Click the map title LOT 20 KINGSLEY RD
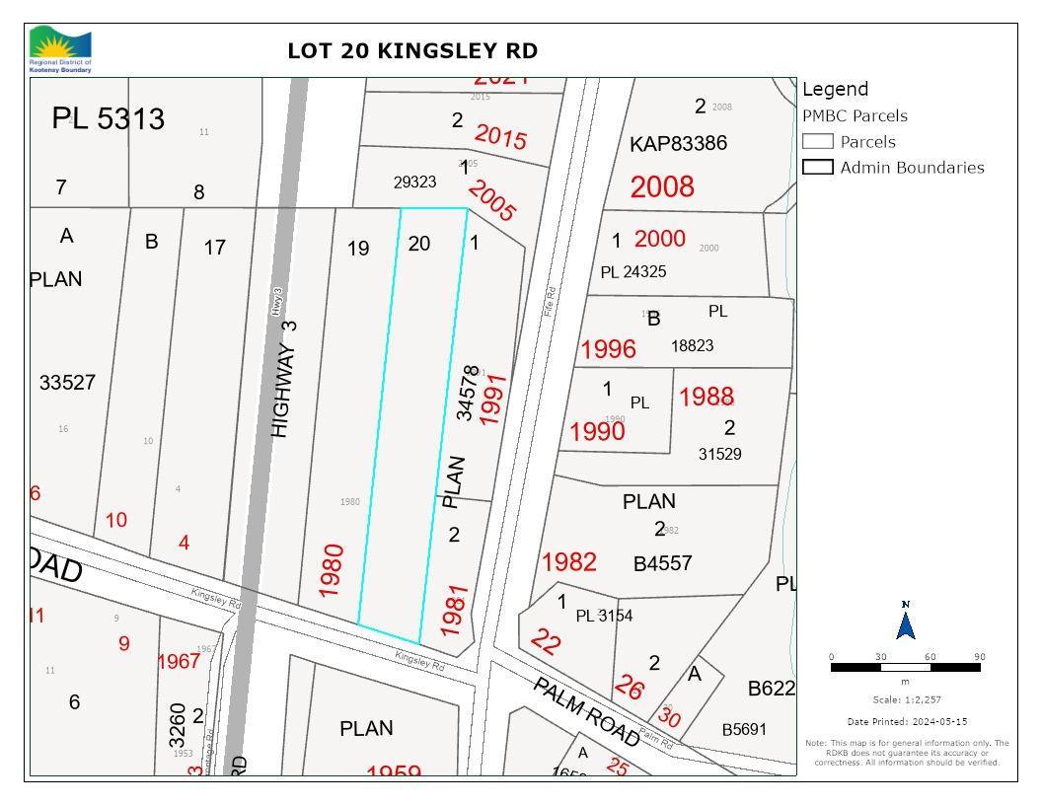[x=412, y=51]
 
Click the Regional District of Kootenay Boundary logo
[x=60, y=49]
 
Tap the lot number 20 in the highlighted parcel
[x=419, y=243]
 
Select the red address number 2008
[x=662, y=186]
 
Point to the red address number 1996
[x=608, y=349]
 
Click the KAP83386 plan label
[x=678, y=143]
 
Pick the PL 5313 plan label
[x=109, y=119]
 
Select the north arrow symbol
[x=905, y=622]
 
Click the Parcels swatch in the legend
[x=818, y=142]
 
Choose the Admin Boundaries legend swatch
[x=818, y=168]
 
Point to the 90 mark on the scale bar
[x=979, y=657]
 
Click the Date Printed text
[x=907, y=722]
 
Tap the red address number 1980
[x=332, y=569]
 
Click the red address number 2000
[x=659, y=238]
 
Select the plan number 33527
[x=67, y=382]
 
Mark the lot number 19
[x=358, y=249]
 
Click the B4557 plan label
[x=662, y=563]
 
